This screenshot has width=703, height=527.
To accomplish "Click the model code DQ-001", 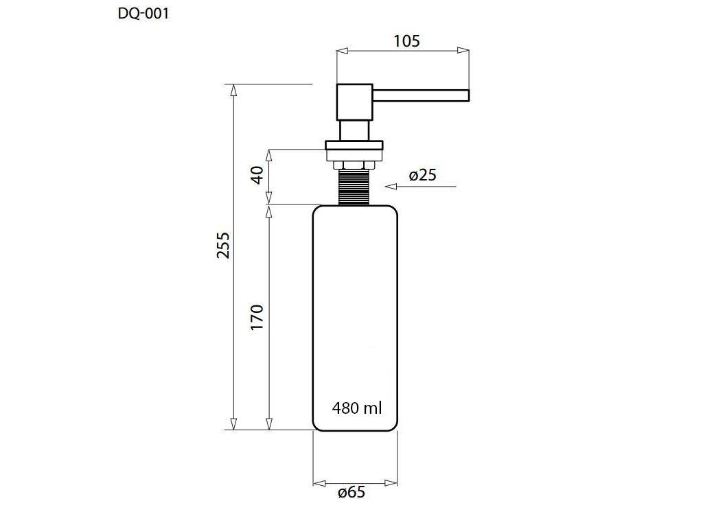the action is pyautogui.click(x=143, y=14).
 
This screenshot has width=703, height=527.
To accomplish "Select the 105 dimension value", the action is pyautogui.click(x=406, y=41).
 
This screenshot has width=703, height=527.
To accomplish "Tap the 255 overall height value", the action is pyautogui.click(x=223, y=245).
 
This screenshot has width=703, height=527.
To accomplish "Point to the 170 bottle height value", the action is pyautogui.click(x=257, y=317).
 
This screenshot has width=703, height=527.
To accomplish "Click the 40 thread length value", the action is pyautogui.click(x=257, y=175).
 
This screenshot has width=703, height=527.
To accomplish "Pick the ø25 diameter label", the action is pyautogui.click(x=423, y=175).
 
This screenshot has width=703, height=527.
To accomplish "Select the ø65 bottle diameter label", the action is pyautogui.click(x=351, y=493).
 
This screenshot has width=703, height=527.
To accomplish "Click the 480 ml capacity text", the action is pyautogui.click(x=357, y=408).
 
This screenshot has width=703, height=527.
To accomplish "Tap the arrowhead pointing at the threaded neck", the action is pyautogui.click(x=391, y=187).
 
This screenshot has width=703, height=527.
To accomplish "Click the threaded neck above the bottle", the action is pyautogui.click(x=354, y=187).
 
